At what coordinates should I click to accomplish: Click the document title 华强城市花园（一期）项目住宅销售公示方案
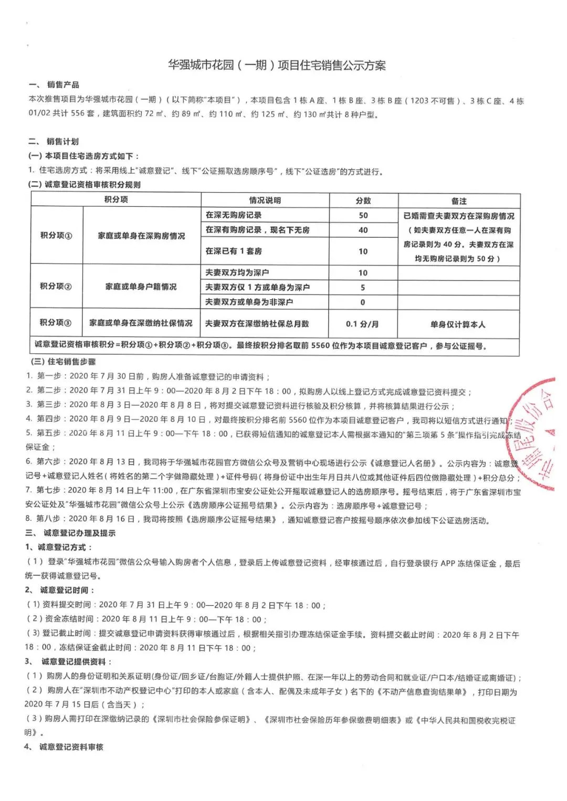(277, 66)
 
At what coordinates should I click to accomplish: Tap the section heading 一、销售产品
(54, 85)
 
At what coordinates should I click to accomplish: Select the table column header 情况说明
(265, 201)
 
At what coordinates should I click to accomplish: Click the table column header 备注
(458, 201)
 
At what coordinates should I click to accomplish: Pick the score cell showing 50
(363, 215)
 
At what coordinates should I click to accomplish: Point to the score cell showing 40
(363, 230)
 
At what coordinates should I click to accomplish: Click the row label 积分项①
(56, 236)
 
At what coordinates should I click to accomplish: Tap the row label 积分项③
(56, 323)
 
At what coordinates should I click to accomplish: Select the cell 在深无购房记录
(234, 215)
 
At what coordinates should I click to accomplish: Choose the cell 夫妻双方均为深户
(237, 272)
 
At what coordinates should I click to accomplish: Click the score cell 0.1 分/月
(362, 324)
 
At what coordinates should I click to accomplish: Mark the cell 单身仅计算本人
(458, 324)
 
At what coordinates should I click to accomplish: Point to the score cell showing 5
(363, 288)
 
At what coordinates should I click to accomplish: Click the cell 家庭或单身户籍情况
(141, 287)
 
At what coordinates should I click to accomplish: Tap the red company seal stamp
(533, 433)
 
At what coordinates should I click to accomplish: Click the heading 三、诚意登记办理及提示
(70, 533)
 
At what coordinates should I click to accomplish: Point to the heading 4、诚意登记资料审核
(64, 746)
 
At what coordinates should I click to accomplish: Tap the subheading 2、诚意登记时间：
(60, 590)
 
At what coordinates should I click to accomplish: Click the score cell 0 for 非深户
(363, 302)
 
